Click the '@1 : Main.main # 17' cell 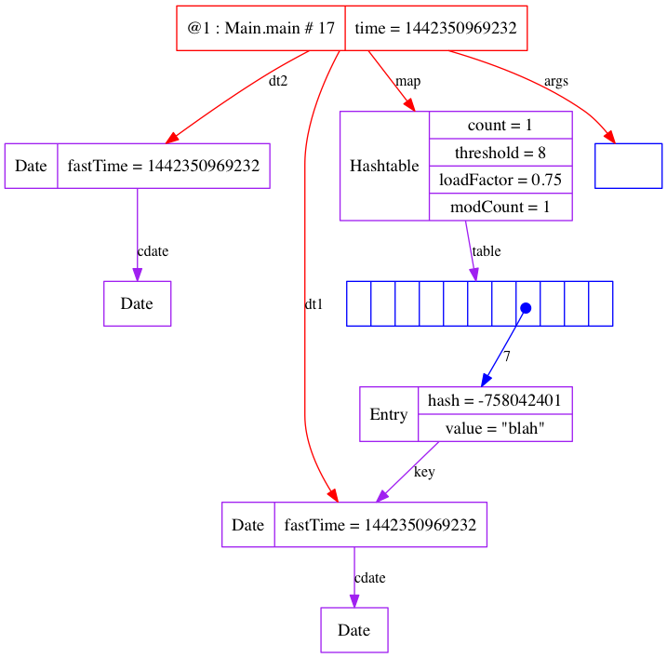260,28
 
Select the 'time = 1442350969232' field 435,28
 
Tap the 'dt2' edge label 278,81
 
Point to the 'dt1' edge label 314,304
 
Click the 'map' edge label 407,81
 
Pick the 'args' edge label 556,81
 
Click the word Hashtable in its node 384,167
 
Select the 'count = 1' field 500,126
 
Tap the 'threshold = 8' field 500,153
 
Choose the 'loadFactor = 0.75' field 500,180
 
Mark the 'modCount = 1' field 500,207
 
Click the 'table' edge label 487,251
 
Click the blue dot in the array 526,308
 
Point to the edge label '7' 506,356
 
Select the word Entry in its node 389,414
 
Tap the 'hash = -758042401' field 495,400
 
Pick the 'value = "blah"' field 495,428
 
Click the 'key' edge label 424,472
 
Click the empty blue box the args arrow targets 628,166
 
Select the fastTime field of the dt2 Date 164,166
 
